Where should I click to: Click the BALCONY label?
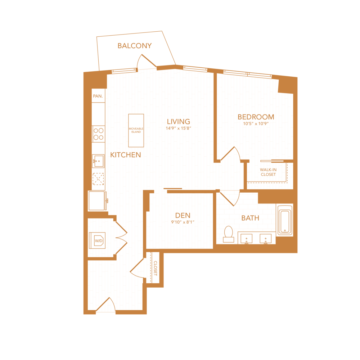pos(135,46)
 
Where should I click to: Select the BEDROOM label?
pos(256,117)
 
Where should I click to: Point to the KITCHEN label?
pos(125,155)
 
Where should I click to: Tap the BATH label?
pos(250,218)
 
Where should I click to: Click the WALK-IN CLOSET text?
pos(268,172)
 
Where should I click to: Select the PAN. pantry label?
pos(98,96)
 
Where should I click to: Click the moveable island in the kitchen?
pos(136,130)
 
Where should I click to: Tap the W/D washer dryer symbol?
pos(98,240)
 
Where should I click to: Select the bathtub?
pos(285,221)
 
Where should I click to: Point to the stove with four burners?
pos(98,134)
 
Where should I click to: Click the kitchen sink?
pos(98,161)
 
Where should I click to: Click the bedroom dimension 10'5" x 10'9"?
pos(256,124)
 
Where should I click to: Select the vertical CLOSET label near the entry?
pos(156,268)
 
